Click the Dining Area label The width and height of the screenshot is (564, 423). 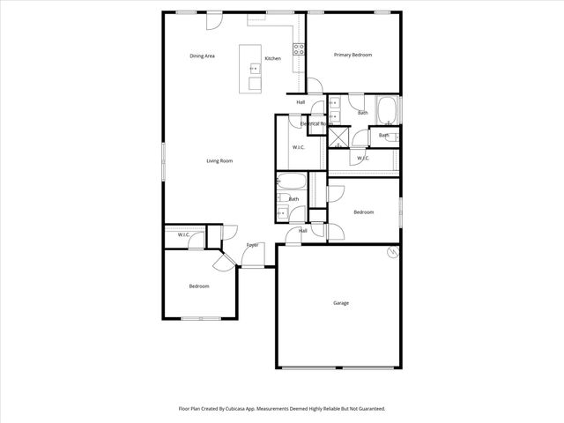[203, 56]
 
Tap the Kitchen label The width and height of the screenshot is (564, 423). [273, 59]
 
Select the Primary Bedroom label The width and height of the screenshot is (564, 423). [352, 55]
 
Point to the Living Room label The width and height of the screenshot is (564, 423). [219, 160]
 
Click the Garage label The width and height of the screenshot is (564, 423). [341, 303]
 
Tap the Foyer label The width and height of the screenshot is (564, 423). [252, 245]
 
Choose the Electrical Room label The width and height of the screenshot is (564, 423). [314, 124]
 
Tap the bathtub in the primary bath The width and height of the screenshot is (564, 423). [389, 111]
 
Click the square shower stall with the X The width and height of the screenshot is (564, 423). [339, 137]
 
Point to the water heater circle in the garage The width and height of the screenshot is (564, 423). [391, 254]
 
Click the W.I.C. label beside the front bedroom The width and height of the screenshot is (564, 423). [184, 235]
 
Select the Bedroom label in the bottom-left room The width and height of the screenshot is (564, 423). [199, 286]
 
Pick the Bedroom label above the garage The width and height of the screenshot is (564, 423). [364, 212]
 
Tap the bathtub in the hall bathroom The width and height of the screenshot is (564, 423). [292, 183]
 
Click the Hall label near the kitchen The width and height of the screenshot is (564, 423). [301, 102]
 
